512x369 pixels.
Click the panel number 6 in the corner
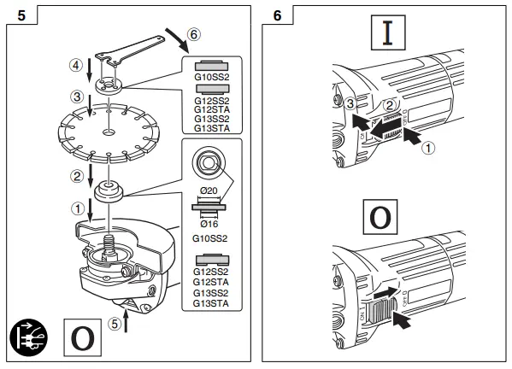[x=279, y=15]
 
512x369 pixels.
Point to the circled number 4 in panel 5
[x=75, y=64]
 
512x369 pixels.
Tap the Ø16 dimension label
[x=209, y=222]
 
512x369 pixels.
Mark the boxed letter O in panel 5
[x=83, y=335]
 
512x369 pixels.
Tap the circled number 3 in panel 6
[x=351, y=104]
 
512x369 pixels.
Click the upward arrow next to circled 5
[x=127, y=323]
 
